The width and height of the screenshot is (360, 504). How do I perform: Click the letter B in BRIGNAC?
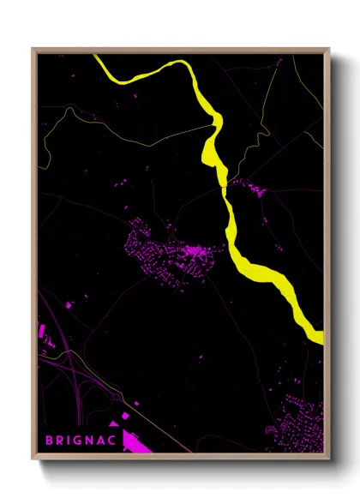point(49,441)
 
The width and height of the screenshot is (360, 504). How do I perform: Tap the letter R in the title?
point(60,441)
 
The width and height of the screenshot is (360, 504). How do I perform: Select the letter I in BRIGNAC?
point(70,441)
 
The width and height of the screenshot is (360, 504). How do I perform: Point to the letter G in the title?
point(80,441)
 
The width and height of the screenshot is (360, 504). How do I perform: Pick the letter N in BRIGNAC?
point(92,441)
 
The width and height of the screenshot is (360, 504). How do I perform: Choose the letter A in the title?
point(104,441)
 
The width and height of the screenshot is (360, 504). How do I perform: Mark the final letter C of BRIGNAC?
point(116,441)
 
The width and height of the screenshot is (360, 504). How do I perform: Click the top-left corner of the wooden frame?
point(33,49)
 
